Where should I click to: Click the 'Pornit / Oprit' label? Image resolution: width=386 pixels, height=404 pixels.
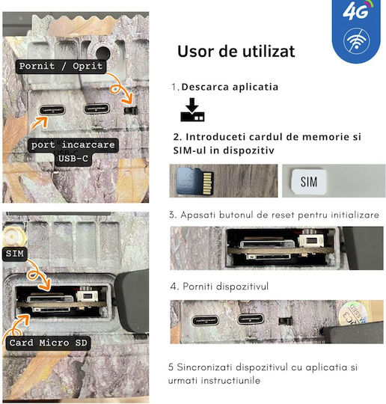click(x=61, y=67)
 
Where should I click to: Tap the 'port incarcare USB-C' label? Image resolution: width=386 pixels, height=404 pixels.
click(x=73, y=151)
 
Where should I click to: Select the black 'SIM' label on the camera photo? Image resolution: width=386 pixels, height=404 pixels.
click(x=15, y=254)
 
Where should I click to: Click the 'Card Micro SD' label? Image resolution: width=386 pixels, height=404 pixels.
click(x=48, y=343)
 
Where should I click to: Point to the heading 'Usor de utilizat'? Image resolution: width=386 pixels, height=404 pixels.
click(x=236, y=52)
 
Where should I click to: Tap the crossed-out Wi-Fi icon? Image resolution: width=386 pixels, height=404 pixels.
click(x=357, y=40)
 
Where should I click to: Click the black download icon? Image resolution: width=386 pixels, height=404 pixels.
click(x=192, y=109)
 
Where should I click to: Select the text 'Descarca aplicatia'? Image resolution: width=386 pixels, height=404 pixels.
click(x=230, y=87)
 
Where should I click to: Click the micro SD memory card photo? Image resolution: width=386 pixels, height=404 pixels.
click(x=195, y=181)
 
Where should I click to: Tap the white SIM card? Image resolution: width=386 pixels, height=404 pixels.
click(x=308, y=182)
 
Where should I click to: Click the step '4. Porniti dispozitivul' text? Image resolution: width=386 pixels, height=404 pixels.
click(x=219, y=287)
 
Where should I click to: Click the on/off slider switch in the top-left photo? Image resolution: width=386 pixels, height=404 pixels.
click(x=131, y=110)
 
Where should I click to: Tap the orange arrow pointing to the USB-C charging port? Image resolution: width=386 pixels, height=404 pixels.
click(x=39, y=123)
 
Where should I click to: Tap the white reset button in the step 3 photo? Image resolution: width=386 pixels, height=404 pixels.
click(x=310, y=240)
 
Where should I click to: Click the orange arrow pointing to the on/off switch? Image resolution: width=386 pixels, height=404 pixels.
click(x=120, y=88)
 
